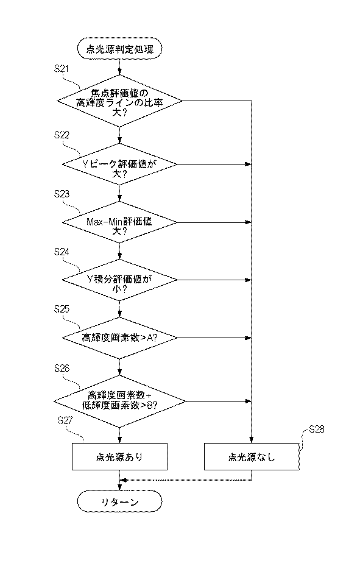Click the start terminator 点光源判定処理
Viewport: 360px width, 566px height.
(119, 49)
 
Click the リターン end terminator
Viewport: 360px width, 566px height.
(119, 502)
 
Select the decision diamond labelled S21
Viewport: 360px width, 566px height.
(119, 101)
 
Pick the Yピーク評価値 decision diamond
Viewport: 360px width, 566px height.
(119, 164)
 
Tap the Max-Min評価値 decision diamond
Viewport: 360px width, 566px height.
(119, 222)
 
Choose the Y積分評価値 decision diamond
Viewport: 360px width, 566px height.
(119, 279)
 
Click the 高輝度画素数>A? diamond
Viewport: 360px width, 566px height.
(119, 338)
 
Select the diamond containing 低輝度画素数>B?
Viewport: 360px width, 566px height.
(119, 401)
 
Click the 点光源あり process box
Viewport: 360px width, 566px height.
(119, 456)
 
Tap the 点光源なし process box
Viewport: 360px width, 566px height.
(252, 456)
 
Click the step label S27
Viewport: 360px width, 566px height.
(65, 420)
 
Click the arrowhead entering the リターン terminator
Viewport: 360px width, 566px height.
(119, 489)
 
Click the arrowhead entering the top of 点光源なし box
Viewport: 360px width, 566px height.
(252, 440)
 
